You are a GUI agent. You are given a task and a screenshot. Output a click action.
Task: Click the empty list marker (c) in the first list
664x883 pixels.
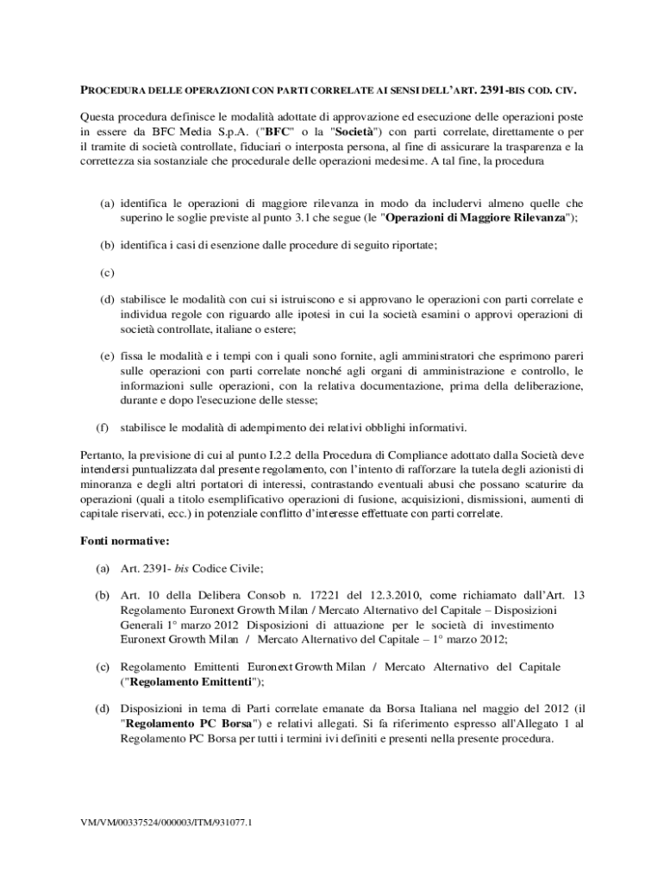[x=107, y=272]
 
